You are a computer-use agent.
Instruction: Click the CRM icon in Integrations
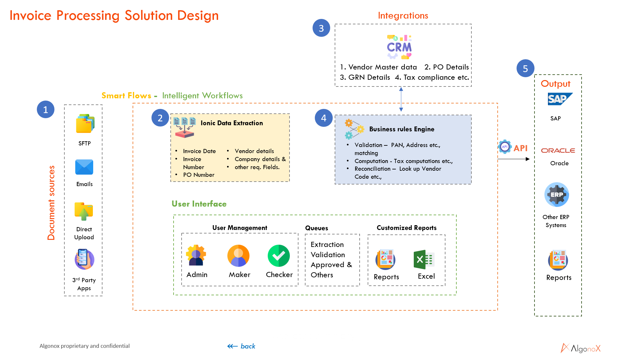(399, 47)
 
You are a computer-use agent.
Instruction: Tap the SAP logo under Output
(559, 99)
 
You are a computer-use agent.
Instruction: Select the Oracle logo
(558, 151)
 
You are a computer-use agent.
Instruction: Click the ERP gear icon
(557, 194)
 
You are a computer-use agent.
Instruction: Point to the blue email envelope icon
(84, 167)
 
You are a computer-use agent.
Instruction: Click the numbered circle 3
(321, 28)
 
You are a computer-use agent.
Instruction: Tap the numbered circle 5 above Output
(525, 69)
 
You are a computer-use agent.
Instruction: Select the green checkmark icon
(279, 256)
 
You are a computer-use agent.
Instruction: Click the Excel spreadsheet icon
(424, 259)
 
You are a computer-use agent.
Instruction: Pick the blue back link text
(248, 346)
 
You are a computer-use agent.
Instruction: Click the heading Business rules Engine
(402, 129)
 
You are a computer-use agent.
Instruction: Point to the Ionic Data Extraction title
(232, 123)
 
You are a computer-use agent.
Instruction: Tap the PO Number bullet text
(199, 175)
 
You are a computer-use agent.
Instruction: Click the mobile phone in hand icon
(84, 259)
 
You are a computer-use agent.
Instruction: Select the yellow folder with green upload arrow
(84, 211)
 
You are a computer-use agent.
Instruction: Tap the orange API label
(520, 148)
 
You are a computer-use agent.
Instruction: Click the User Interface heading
(199, 204)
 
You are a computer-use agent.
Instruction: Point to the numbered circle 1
(45, 110)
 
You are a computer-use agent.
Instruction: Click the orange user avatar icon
(238, 256)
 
